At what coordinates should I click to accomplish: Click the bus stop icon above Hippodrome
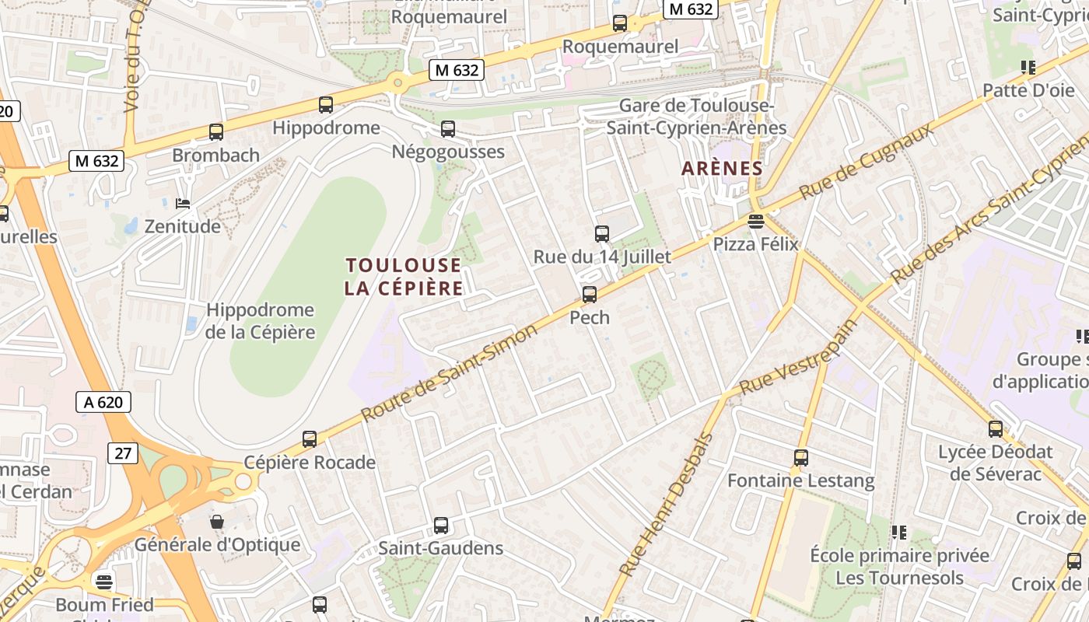(326, 105)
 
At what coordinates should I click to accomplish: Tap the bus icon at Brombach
(216, 132)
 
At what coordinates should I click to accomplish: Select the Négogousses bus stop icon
(448, 129)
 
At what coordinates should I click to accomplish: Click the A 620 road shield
(103, 402)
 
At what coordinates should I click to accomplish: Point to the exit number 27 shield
(123, 453)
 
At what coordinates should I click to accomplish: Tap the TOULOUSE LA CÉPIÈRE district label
(404, 277)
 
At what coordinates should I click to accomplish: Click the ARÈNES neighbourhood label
(722, 168)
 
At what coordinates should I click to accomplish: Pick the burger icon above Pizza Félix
(755, 222)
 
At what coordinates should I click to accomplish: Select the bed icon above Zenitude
(183, 204)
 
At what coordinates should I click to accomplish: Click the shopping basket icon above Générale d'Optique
(217, 522)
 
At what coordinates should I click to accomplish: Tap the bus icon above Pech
(590, 295)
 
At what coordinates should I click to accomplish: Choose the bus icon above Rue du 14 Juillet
(601, 233)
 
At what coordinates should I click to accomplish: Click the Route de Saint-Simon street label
(450, 372)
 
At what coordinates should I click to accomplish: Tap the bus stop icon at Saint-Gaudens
(441, 526)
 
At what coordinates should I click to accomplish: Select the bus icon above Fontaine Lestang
(801, 458)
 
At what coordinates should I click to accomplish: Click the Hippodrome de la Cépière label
(261, 321)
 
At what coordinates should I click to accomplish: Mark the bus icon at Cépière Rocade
(310, 439)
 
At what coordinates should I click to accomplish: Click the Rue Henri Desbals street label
(667, 505)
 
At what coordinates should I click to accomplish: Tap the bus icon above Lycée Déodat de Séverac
(996, 429)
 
